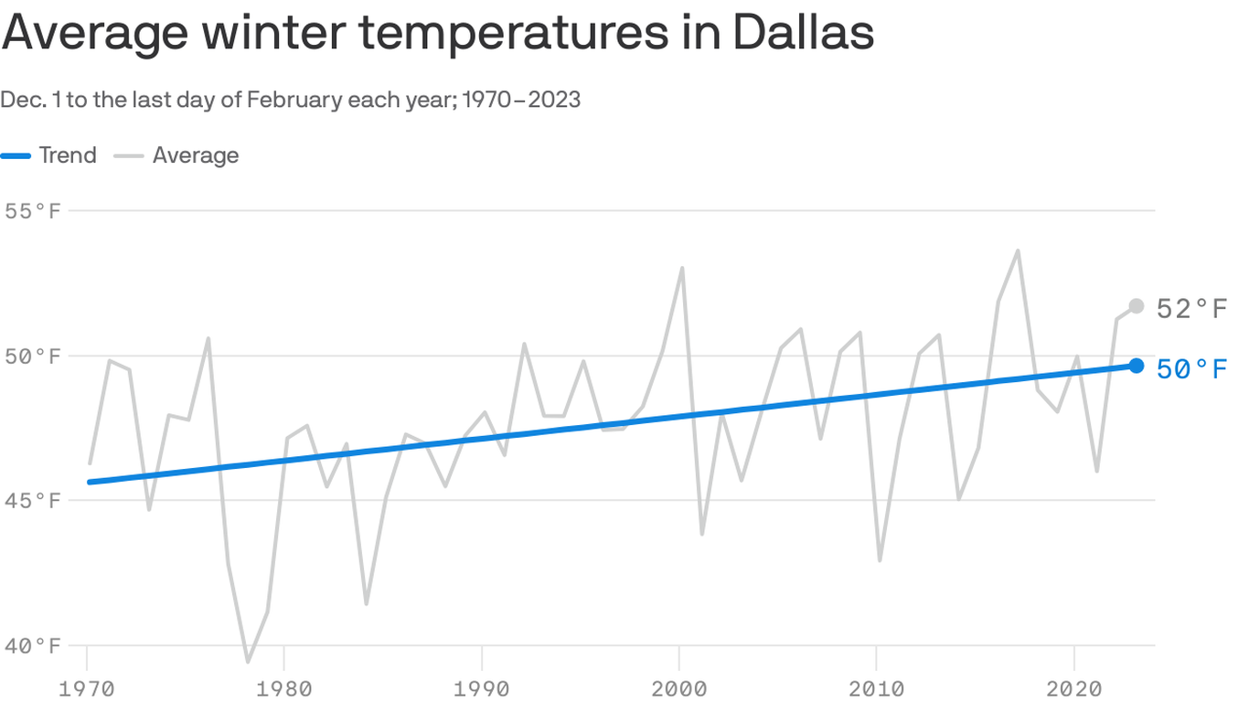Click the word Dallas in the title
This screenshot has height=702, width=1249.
coord(803,33)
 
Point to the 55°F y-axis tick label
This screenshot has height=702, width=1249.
coord(33,211)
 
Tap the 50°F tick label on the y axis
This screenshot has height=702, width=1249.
coord(33,356)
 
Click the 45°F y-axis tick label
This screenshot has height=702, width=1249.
coord(33,501)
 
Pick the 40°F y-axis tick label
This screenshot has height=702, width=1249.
coord(33,645)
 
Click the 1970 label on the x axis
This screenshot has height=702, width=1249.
coord(87,687)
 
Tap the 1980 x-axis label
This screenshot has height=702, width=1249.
coord(283,687)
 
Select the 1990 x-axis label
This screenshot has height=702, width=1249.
coord(481,687)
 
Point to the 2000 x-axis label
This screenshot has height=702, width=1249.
coord(678,687)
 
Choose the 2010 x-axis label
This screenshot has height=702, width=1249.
coord(876,687)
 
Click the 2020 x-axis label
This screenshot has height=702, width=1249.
coord(1073,687)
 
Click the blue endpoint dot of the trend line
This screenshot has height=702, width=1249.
coord(1136,366)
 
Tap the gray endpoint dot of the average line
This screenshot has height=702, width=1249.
coord(1136,306)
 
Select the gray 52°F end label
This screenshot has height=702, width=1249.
coord(1191,309)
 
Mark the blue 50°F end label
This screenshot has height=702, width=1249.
coord(1191,369)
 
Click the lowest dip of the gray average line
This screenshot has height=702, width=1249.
coord(247,661)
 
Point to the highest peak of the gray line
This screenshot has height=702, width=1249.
coord(1018,250)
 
